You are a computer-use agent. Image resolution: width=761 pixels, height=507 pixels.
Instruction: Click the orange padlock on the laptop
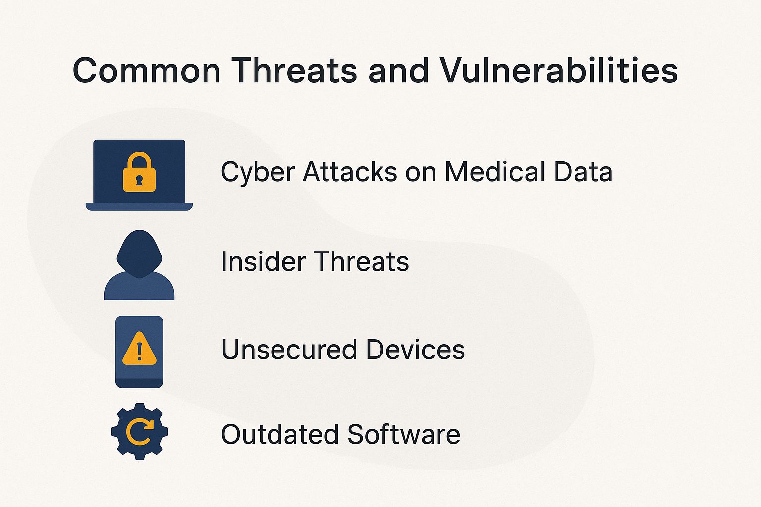click(139, 172)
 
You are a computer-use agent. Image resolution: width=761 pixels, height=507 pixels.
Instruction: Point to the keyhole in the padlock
click(139, 180)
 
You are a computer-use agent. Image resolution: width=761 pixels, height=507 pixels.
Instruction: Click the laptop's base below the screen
click(139, 207)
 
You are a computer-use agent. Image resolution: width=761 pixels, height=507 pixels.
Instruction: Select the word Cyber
click(258, 172)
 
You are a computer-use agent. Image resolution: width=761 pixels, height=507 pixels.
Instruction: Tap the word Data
click(583, 171)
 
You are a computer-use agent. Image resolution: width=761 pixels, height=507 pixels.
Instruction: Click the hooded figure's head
click(139, 253)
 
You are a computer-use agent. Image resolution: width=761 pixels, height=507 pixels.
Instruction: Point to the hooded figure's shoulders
click(139, 287)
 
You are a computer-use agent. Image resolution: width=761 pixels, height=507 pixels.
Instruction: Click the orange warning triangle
click(139, 349)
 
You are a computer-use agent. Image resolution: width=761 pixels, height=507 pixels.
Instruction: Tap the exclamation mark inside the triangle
click(139, 352)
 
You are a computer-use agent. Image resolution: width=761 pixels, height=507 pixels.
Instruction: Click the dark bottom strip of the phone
click(139, 383)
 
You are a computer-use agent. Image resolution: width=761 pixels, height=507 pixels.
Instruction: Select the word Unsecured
click(289, 349)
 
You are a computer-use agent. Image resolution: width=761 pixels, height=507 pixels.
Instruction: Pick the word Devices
click(416, 349)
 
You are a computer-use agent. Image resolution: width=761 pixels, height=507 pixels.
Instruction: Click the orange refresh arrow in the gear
click(140, 432)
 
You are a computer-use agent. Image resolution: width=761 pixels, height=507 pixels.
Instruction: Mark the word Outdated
click(280, 434)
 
